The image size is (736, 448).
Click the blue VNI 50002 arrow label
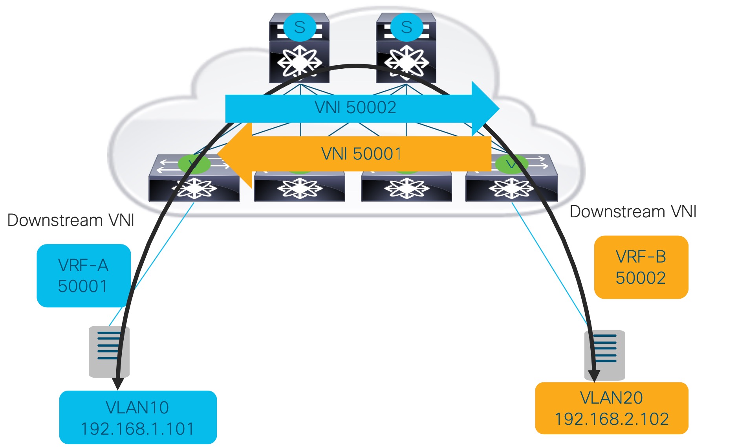point(355,107)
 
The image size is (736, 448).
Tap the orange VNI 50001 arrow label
point(361,154)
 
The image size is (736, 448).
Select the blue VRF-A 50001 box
point(83,276)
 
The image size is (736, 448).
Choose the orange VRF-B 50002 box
point(641,267)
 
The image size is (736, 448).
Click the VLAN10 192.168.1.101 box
point(137,418)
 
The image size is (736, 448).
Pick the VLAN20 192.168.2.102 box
point(612,408)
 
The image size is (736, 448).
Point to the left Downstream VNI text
point(71,220)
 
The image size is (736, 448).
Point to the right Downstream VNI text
point(633,212)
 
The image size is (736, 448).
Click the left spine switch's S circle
point(299,27)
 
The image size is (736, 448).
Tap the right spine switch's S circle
point(406,27)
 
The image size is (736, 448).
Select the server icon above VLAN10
point(109,351)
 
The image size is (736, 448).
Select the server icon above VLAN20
point(605,355)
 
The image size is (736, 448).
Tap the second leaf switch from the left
point(299,188)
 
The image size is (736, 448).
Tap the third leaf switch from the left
point(406,188)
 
